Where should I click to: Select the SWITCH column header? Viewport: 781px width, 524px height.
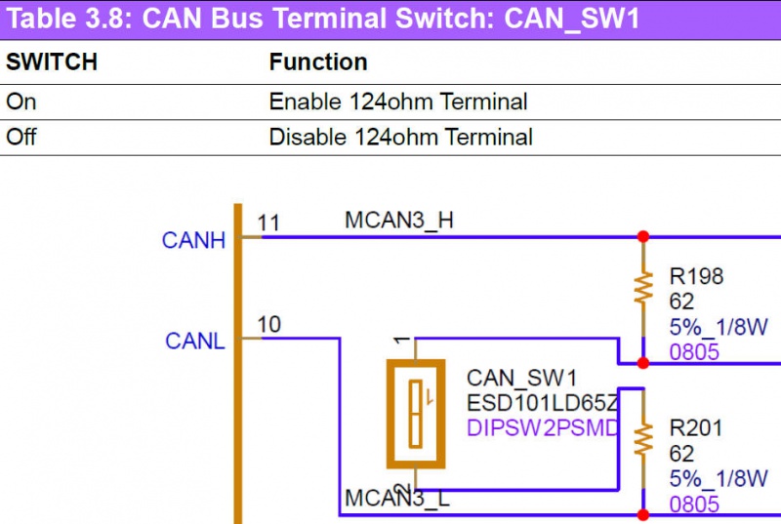click(x=52, y=62)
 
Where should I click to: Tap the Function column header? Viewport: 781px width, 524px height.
click(x=318, y=62)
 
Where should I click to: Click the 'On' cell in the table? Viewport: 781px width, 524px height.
click(x=21, y=101)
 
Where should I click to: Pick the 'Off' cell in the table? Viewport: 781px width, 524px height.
click(x=21, y=137)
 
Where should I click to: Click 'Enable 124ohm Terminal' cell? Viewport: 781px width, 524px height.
click(x=398, y=101)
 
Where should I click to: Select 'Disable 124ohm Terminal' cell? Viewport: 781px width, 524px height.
click(x=401, y=137)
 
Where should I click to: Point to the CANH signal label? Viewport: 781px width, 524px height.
click(x=194, y=240)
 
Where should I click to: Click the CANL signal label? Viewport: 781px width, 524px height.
click(x=195, y=342)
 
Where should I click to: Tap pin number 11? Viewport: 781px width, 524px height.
click(x=268, y=223)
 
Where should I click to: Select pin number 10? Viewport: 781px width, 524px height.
click(x=268, y=324)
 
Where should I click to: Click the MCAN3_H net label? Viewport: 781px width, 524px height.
click(x=398, y=222)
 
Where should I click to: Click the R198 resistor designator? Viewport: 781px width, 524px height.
click(x=696, y=277)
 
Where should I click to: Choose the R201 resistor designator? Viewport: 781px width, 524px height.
click(x=696, y=427)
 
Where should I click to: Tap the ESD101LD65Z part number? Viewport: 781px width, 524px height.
click(x=542, y=403)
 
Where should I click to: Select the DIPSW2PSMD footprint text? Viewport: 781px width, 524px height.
click(x=543, y=427)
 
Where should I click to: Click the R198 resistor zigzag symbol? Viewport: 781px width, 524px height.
click(x=643, y=287)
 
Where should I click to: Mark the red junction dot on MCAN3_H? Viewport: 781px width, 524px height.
click(x=643, y=237)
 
